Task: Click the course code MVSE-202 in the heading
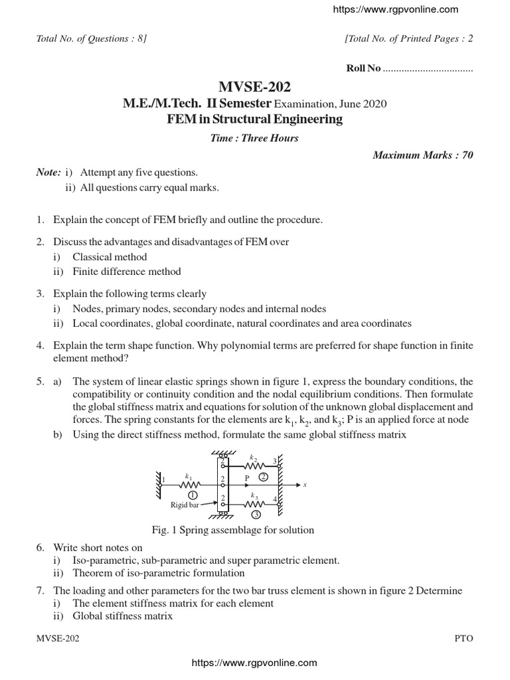254,87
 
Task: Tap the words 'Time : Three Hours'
254,138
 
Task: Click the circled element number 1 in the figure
192,495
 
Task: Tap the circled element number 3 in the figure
255,514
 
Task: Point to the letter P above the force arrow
246,477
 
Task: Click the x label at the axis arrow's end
305,485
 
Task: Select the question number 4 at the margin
40,346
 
